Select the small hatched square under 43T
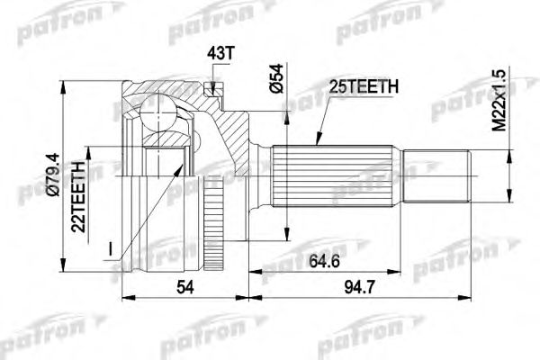click(x=212, y=87)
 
